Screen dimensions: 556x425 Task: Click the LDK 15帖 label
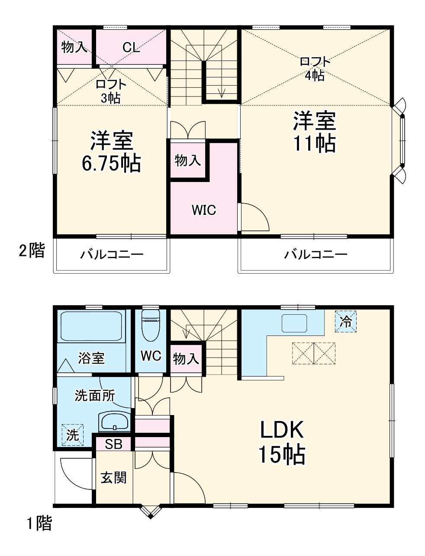click(x=282, y=441)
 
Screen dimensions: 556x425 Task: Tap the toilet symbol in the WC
click(x=151, y=325)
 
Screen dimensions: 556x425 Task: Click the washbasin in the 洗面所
click(x=114, y=422)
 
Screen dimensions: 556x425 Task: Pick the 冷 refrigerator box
click(x=346, y=321)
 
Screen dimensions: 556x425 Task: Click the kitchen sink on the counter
click(x=294, y=323)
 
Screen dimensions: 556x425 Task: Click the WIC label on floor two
click(x=204, y=210)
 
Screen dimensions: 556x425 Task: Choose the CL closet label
click(x=131, y=47)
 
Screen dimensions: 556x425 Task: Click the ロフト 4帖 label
click(x=315, y=68)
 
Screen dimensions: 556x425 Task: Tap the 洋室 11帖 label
click(x=315, y=132)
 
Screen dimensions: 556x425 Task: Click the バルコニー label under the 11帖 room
click(x=316, y=255)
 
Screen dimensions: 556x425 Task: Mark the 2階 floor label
click(x=32, y=250)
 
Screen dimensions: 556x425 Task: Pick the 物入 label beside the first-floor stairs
click(x=186, y=358)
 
